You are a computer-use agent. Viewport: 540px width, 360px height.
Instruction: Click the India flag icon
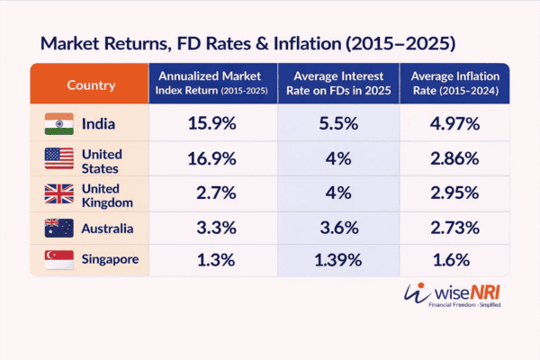tap(59, 124)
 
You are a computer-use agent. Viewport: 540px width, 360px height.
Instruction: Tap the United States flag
tap(59, 159)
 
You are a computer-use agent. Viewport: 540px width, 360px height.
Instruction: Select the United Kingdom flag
tap(59, 195)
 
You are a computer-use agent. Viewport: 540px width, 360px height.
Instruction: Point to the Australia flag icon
tap(59, 230)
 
